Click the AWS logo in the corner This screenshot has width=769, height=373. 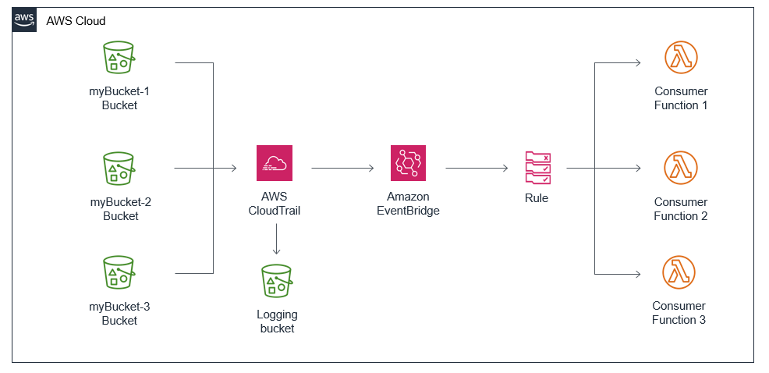coord(24,20)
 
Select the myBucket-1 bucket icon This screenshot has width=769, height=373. coord(119,59)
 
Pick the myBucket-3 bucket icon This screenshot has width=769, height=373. coord(119,272)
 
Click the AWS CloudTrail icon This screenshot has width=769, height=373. coord(275,163)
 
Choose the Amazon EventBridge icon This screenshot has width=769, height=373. coord(409,163)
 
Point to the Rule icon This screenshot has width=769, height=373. coord(537,166)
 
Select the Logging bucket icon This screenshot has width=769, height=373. coord(276,280)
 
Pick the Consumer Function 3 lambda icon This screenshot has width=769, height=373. coord(679,272)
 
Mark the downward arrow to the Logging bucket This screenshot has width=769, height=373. coord(276,240)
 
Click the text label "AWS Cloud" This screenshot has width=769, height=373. coord(76,21)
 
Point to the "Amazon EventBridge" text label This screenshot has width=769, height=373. coord(408,204)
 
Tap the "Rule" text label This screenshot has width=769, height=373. coord(537,198)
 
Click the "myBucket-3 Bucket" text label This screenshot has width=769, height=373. coord(119,314)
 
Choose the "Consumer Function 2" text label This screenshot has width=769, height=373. coord(681,209)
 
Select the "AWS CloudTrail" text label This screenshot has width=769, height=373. coord(275,204)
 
